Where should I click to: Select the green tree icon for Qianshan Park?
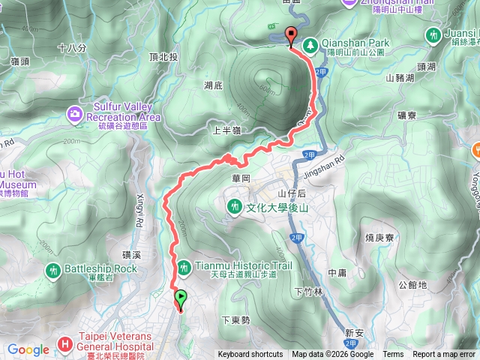[x=310, y=45]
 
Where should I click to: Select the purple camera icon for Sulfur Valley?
[x=74, y=114]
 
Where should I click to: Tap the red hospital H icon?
[x=66, y=346]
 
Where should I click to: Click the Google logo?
[x=28, y=349]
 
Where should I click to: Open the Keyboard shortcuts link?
[x=250, y=355]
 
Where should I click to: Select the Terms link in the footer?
[x=393, y=355]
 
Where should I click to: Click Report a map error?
[x=445, y=355]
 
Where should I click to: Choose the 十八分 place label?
[x=72, y=47]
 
